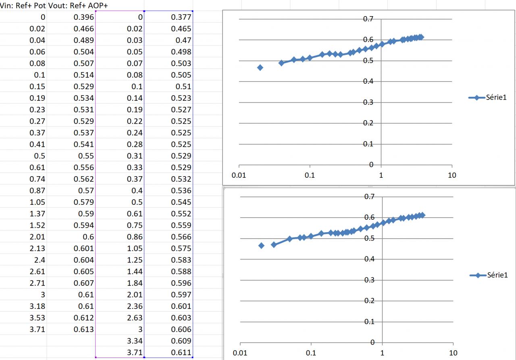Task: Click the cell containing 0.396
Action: [84, 17]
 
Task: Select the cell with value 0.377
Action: [181, 17]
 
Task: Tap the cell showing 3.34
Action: [135, 341]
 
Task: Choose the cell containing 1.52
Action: [37, 225]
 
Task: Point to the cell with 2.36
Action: [135, 306]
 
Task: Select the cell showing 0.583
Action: [181, 260]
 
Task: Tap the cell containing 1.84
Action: [135, 283]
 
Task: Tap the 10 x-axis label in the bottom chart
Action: [454, 353]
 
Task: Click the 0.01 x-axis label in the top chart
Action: [239, 175]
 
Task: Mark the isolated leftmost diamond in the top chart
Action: [260, 67]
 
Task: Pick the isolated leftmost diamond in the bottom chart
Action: [261, 246]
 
